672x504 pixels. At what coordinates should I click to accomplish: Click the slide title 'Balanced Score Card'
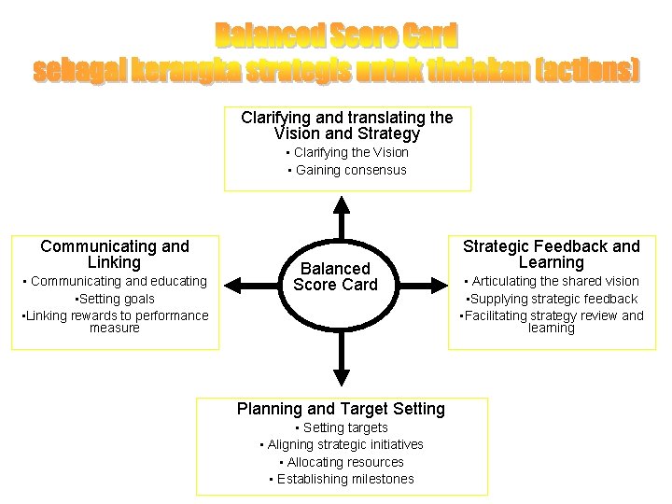click(336, 36)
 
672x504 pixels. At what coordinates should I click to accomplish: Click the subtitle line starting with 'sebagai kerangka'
click(336, 70)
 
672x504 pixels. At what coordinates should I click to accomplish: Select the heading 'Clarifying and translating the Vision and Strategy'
click(346, 126)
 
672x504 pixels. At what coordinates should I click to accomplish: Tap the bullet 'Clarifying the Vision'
click(347, 152)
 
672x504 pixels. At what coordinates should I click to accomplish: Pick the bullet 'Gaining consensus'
click(347, 170)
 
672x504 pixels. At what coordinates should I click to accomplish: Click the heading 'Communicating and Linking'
click(115, 255)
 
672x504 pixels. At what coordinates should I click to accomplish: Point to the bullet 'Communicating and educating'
click(115, 281)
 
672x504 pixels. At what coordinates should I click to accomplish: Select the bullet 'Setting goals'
click(115, 299)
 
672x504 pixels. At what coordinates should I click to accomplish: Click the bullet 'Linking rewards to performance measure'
click(115, 322)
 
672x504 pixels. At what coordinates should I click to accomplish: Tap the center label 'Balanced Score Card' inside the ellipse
click(335, 277)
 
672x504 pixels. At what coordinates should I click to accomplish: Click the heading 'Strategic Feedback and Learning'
click(552, 255)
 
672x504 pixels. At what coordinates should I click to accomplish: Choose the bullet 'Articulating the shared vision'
click(552, 281)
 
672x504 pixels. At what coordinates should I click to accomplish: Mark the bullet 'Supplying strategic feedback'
click(552, 299)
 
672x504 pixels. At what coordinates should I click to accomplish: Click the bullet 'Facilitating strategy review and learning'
click(552, 322)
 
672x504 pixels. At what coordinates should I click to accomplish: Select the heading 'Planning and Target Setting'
click(341, 409)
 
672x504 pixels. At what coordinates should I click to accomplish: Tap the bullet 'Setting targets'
click(342, 427)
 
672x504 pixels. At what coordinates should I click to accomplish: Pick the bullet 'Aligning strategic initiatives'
click(342, 444)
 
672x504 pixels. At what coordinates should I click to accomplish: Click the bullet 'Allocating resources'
click(342, 462)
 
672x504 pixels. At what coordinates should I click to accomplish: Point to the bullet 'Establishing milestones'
click(342, 479)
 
